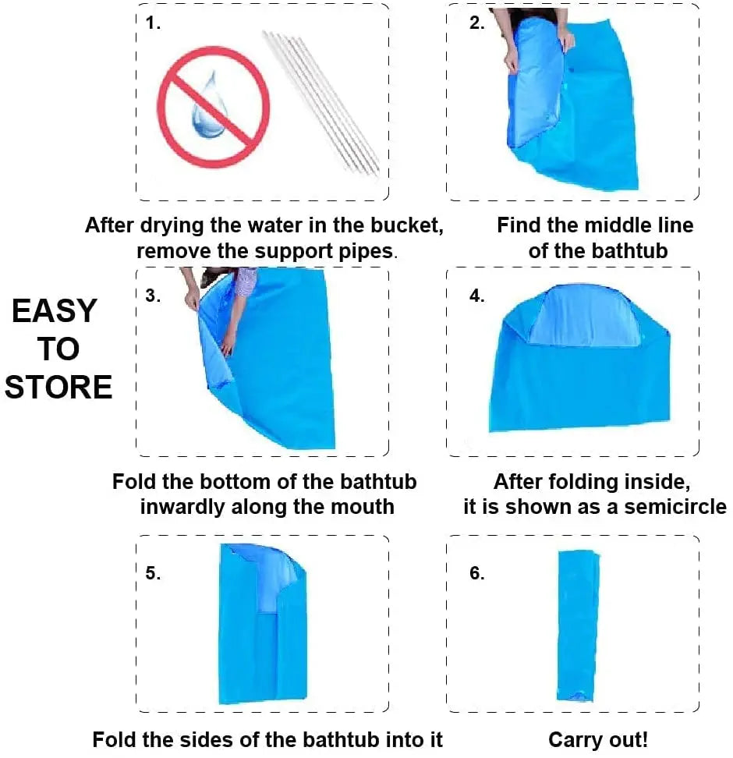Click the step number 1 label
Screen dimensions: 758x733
tap(154, 23)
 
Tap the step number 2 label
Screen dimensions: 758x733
tap(477, 23)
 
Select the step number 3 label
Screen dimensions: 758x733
tap(153, 296)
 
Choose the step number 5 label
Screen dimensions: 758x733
tap(153, 573)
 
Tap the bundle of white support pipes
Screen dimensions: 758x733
tap(321, 101)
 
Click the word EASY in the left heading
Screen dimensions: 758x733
tap(55, 311)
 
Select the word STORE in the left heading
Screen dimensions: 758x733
tap(58, 387)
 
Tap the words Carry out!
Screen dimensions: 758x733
tap(598, 739)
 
